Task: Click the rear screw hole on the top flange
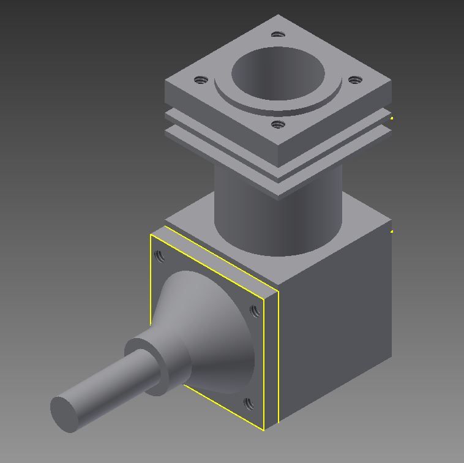coord(278,34)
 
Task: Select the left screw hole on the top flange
coord(201,80)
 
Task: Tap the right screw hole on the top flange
coord(354,80)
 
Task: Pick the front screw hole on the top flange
coord(278,124)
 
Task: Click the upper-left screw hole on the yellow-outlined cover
coord(160,256)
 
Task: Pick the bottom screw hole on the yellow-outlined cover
coord(249,404)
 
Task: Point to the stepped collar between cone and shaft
coord(156,367)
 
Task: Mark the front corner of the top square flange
coord(279,151)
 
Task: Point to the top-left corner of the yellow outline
coord(151,235)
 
